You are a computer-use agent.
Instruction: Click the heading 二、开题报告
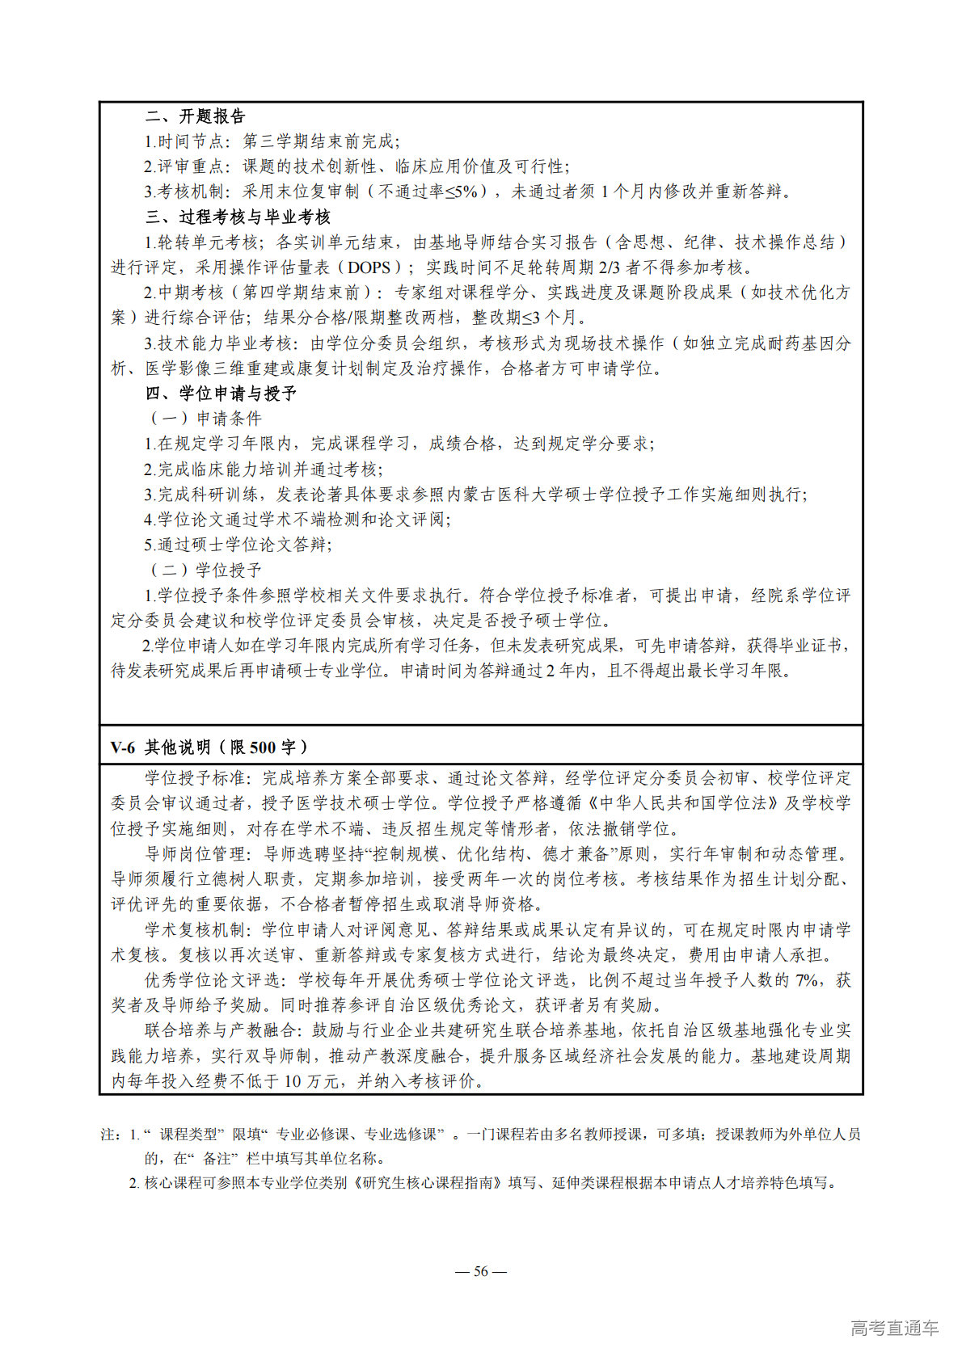pos(195,116)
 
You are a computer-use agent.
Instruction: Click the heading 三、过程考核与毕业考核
pos(238,217)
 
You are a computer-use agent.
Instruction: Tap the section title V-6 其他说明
pos(209,747)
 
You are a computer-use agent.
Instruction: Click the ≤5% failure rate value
pos(464,192)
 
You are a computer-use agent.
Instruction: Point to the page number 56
pos(481,1271)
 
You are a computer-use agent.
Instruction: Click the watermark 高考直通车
pos(894,1328)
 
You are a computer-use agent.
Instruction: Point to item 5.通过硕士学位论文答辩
pos(238,545)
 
